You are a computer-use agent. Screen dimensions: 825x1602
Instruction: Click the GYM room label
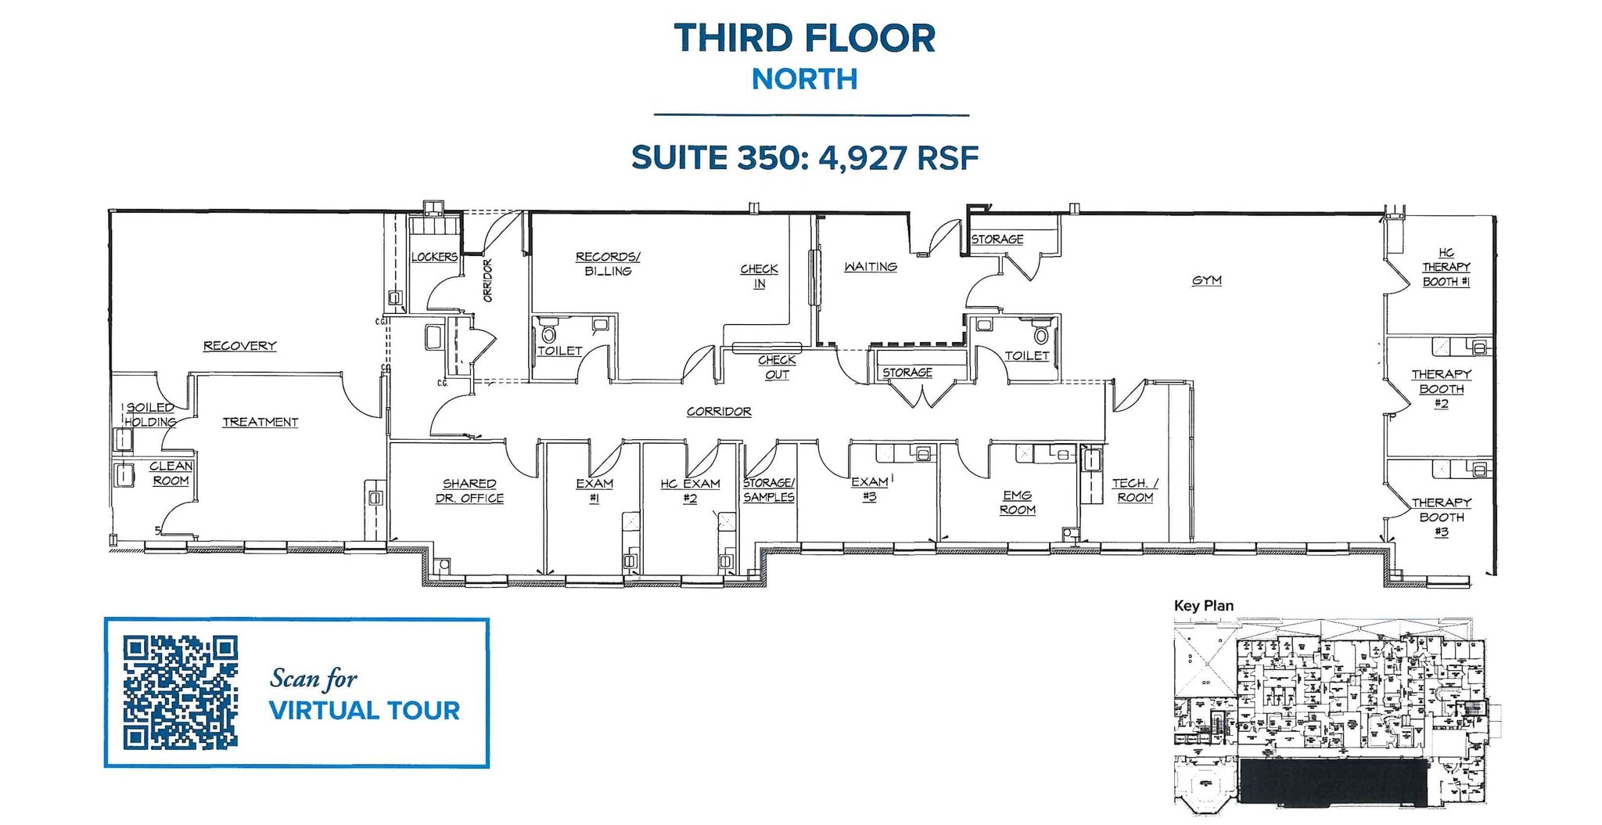point(1206,280)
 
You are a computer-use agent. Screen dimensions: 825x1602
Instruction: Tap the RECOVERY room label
point(239,345)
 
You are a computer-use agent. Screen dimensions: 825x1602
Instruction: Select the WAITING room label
point(870,267)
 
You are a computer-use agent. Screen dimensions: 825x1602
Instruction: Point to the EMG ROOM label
point(1017,502)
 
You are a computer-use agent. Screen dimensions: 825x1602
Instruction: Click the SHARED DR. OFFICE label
point(469,491)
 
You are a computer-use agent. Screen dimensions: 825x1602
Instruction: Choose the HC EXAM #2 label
point(690,491)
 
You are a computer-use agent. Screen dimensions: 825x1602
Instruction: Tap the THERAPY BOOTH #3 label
point(1441,517)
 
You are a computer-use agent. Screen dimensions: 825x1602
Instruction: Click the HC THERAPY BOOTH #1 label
point(1446,267)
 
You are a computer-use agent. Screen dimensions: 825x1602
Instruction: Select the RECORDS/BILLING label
point(608,264)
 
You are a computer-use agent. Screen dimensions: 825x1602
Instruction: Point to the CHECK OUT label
point(777,367)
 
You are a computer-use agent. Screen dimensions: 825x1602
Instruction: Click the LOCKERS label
point(434,257)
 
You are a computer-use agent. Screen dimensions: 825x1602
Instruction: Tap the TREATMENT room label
point(260,422)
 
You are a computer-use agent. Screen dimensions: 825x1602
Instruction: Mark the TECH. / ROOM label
point(1134,490)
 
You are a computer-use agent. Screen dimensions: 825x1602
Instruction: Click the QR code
point(180,693)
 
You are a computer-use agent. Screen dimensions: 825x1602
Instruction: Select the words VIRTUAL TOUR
point(365,711)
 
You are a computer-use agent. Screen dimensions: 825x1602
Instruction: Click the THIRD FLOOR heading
point(804,38)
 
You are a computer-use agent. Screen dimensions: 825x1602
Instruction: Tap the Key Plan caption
point(1203,606)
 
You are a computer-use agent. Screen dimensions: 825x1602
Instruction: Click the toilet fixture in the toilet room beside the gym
point(1041,336)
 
